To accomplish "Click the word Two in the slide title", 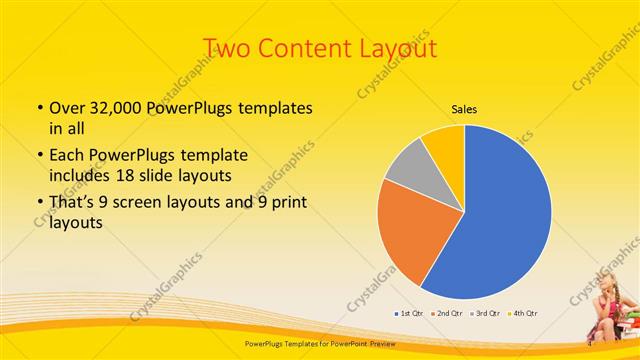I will [230, 48].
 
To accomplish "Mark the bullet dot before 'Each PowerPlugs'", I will [38, 155].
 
